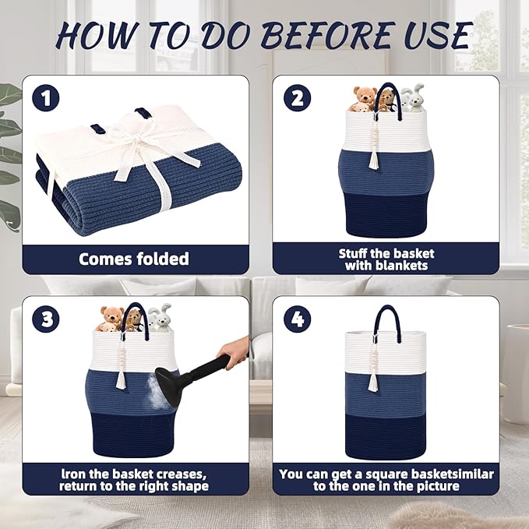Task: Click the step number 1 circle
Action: pos(45,98)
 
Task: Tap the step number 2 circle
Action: pos(298,98)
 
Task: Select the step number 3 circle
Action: pos(46,319)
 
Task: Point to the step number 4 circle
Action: pos(298,319)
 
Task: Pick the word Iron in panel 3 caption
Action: pos(73,474)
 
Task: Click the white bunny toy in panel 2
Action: pos(413,97)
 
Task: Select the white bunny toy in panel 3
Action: pos(160,317)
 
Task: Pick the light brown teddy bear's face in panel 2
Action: pos(365,95)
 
